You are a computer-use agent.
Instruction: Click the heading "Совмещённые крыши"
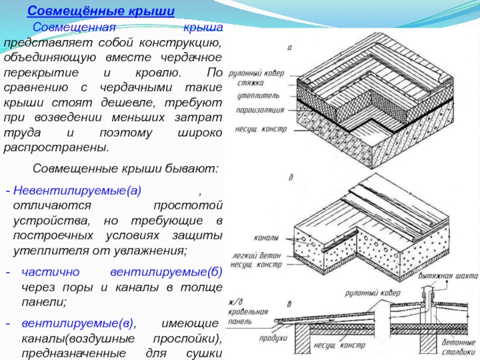[x=102, y=12]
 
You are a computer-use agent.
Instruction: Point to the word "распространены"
[x=57, y=148]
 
